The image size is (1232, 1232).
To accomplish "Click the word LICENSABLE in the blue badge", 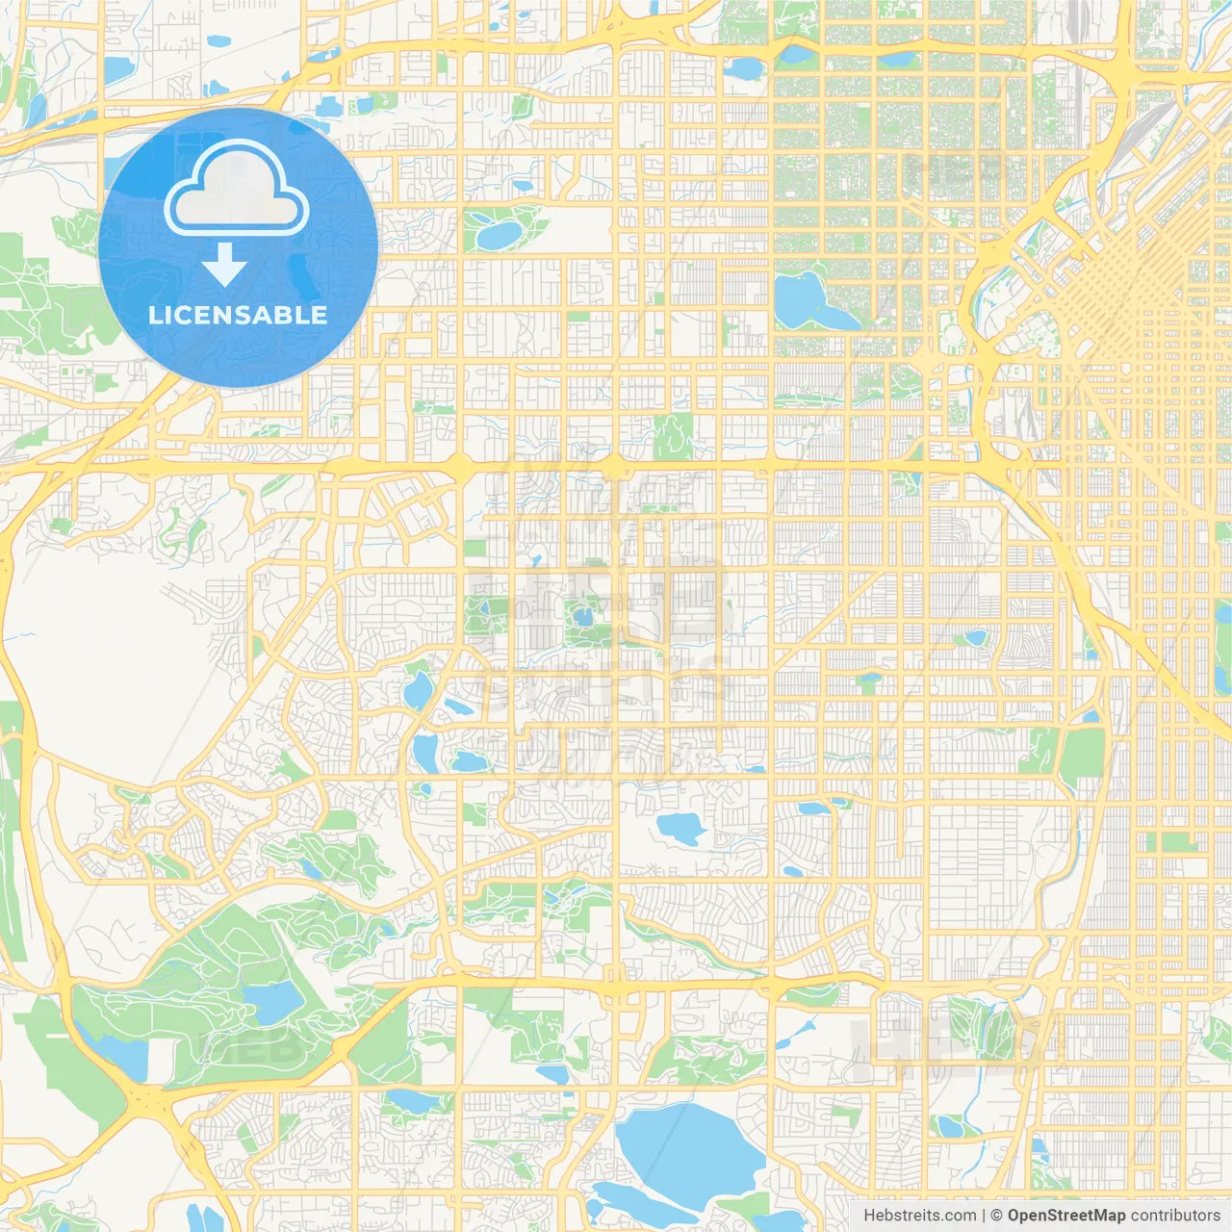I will tap(238, 315).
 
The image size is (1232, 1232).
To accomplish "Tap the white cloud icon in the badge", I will tap(236, 190).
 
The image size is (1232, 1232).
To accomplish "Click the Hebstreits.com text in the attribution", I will tap(920, 1216).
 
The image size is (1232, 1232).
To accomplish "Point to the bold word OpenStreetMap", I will tap(1066, 1216).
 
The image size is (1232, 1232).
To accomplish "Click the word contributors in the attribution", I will tap(1175, 1216).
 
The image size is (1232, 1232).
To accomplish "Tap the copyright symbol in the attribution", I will tap(997, 1216).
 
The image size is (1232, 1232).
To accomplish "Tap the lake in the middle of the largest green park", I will tap(272, 1003).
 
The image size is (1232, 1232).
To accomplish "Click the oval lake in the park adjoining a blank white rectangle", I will tap(499, 233).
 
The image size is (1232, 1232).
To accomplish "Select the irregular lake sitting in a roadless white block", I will tap(680, 828).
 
